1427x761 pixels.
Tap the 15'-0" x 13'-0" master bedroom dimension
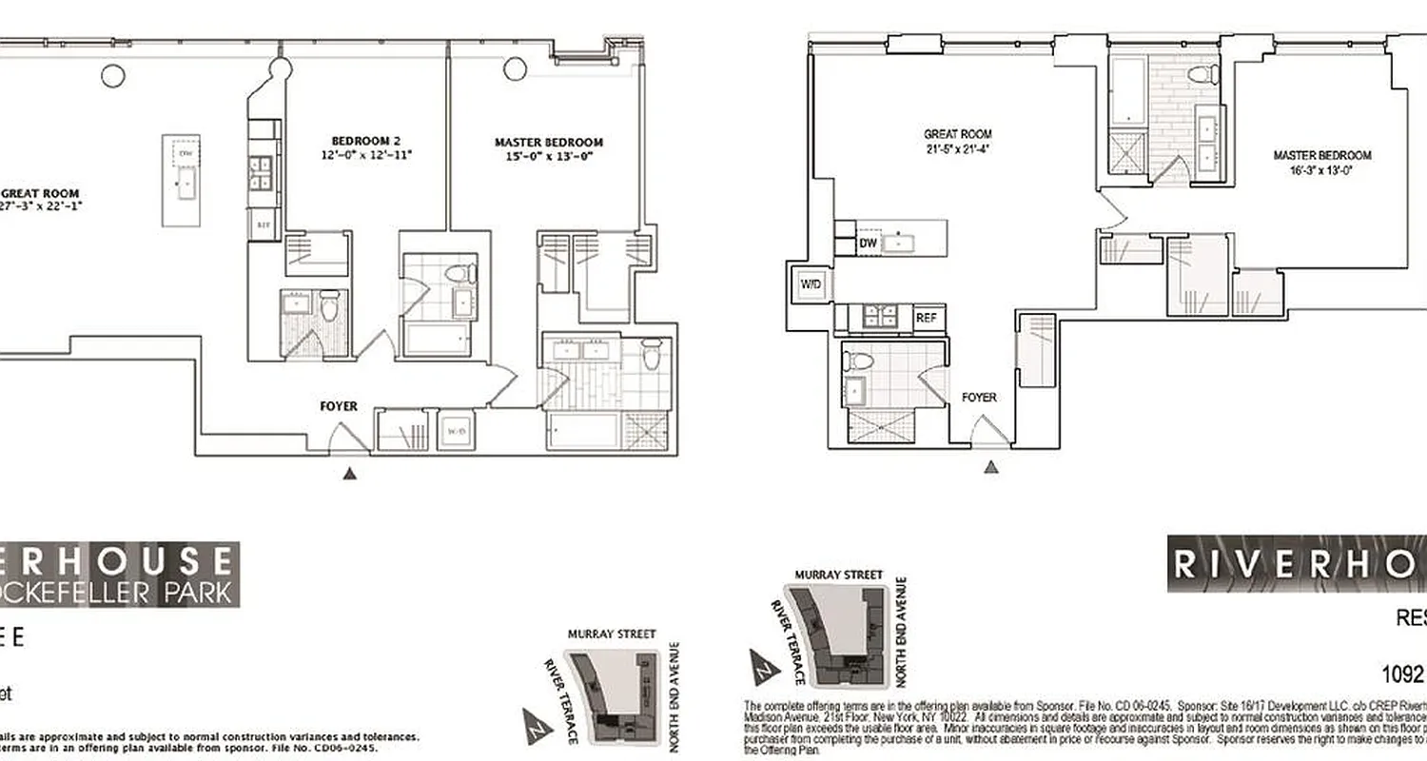(x=548, y=158)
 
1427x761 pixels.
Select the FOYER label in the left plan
(x=339, y=406)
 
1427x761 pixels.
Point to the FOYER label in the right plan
(x=979, y=397)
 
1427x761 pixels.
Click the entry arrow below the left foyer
(x=350, y=473)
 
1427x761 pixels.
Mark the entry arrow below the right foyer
(x=992, y=466)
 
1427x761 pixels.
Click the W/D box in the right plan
(x=811, y=283)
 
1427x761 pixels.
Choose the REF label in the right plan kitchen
(x=926, y=319)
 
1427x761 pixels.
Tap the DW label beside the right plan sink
(x=868, y=244)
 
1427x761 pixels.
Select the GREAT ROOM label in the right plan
(x=958, y=135)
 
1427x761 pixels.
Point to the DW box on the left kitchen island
(x=186, y=153)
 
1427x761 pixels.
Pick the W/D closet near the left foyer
(x=455, y=431)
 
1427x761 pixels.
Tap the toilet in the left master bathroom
(x=651, y=355)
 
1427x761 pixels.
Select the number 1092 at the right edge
(x=1402, y=674)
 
